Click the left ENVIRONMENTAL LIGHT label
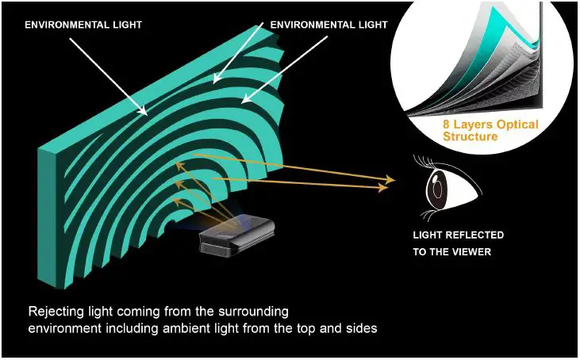(83, 25)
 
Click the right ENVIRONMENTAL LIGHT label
(329, 25)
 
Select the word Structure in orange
(471, 137)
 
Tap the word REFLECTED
(472, 236)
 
